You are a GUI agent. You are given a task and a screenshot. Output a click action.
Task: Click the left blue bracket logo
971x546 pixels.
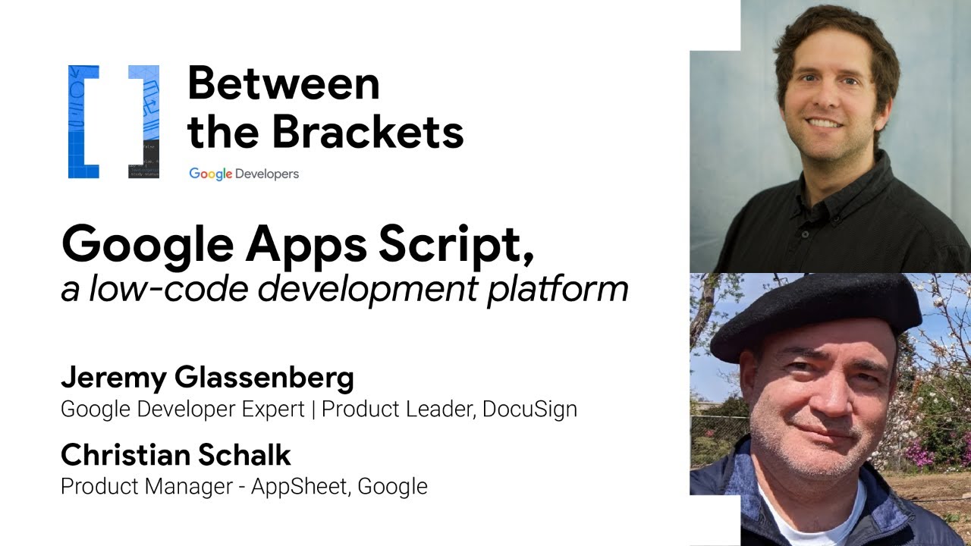tap(83, 121)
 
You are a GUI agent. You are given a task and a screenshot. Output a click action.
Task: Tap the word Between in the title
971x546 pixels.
tap(283, 83)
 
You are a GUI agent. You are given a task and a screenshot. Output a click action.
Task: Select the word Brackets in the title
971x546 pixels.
tap(367, 132)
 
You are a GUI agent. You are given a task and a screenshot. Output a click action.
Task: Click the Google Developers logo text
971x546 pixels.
tap(244, 174)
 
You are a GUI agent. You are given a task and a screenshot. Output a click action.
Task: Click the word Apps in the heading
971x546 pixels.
tap(284, 244)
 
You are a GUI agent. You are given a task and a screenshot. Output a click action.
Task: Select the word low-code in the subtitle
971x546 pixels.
tap(152, 289)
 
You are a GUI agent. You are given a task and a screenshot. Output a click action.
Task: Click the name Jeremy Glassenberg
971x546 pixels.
tap(207, 377)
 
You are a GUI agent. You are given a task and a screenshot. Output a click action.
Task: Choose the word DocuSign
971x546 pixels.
tap(529, 409)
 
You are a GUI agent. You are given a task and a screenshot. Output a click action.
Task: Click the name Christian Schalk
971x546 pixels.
tap(175, 455)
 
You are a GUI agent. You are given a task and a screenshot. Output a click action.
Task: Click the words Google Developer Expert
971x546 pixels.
tap(183, 409)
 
